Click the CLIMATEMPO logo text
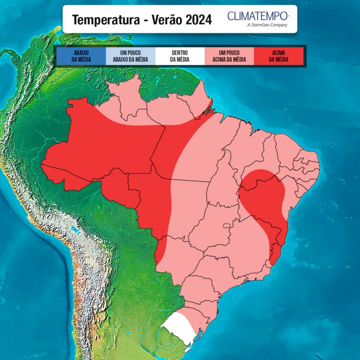point(258,16)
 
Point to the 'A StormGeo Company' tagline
point(268,25)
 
